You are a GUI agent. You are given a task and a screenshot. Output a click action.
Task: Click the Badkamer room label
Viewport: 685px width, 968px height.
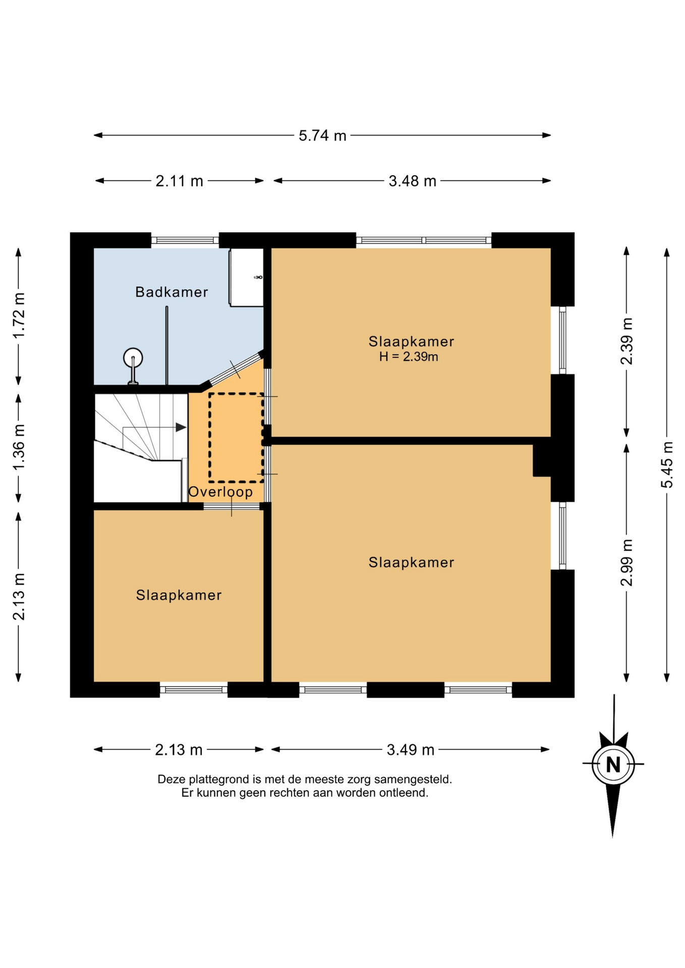tap(172, 292)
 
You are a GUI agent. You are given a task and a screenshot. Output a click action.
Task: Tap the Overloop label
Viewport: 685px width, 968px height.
tap(220, 492)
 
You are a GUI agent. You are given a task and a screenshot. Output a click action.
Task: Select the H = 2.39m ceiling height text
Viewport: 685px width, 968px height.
tap(409, 357)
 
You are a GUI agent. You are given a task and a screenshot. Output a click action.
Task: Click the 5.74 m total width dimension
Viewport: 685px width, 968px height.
tap(322, 135)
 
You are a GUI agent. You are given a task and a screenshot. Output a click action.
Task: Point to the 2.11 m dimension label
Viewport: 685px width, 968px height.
tap(179, 180)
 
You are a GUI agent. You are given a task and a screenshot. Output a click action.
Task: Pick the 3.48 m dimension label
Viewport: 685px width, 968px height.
tap(412, 180)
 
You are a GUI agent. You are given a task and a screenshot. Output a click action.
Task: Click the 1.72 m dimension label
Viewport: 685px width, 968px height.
tap(19, 316)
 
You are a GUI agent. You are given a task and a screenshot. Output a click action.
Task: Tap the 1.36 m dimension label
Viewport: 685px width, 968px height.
tap(19, 447)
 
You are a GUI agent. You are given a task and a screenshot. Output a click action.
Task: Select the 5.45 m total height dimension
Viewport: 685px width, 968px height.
tap(667, 465)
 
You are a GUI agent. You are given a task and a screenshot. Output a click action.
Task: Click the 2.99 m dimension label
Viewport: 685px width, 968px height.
tap(626, 563)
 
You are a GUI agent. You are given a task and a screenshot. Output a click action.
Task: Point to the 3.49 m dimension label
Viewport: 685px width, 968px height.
tap(411, 750)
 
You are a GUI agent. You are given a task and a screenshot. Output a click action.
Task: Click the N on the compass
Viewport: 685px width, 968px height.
tap(613, 765)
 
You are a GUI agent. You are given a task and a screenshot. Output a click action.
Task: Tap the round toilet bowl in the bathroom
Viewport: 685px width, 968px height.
tap(133, 358)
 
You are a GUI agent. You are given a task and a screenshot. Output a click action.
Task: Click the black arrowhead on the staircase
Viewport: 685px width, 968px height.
tap(181, 428)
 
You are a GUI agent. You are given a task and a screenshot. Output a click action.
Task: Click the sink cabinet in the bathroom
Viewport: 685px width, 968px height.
tap(246, 277)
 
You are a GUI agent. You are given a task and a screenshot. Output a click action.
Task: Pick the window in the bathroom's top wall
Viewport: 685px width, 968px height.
tap(185, 240)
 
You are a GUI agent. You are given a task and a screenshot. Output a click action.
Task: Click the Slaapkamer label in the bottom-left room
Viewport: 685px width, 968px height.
tap(179, 595)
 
